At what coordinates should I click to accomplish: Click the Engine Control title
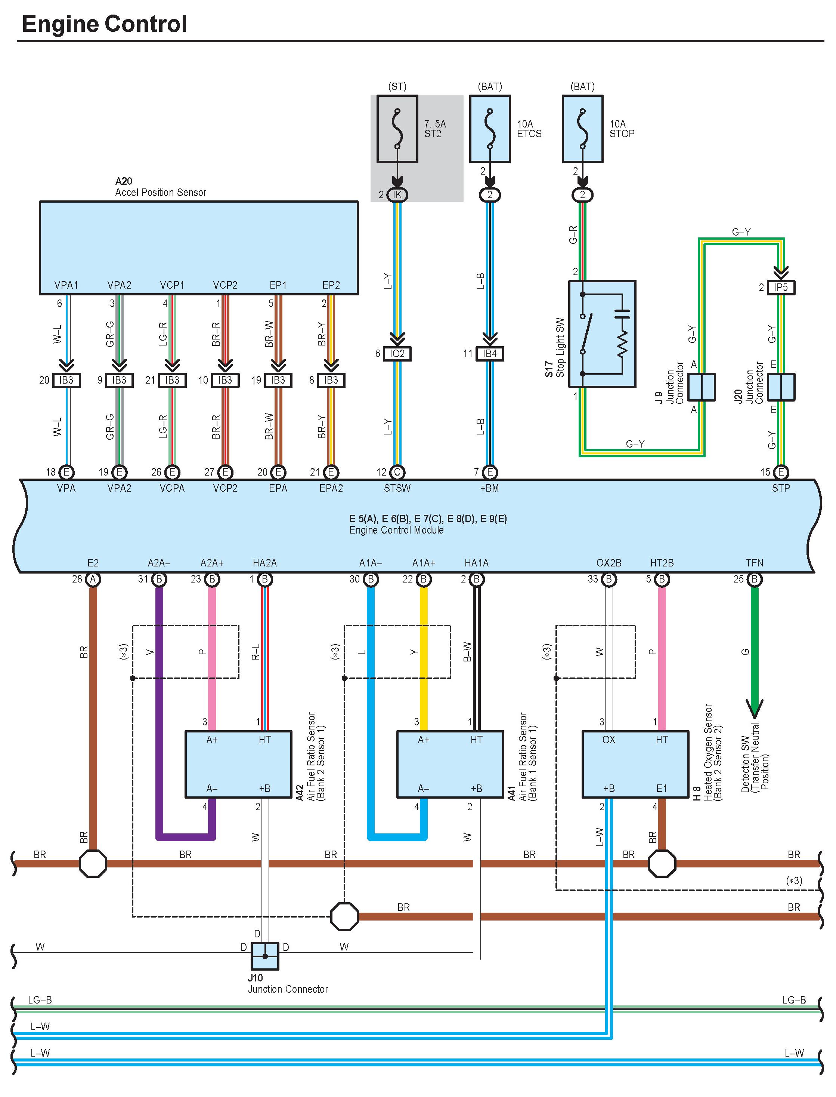(105, 24)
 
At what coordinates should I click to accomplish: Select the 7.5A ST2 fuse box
(397, 129)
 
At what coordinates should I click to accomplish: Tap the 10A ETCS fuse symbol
(490, 129)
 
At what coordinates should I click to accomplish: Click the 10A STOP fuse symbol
(582, 129)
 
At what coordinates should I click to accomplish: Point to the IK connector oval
(397, 195)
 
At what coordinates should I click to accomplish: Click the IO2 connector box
(397, 354)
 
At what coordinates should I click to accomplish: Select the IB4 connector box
(490, 354)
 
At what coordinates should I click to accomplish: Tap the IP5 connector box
(781, 287)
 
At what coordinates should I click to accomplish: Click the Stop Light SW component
(602, 334)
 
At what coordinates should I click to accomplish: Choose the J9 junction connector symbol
(702, 387)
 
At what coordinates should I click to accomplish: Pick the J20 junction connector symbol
(781, 387)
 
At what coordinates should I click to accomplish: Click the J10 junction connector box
(265, 956)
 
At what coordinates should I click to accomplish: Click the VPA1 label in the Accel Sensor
(66, 285)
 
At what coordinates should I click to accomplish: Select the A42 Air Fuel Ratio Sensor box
(238, 764)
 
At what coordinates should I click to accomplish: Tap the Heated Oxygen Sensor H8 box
(635, 764)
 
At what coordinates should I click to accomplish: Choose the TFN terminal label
(755, 563)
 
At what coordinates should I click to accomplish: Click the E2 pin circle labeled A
(93, 579)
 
